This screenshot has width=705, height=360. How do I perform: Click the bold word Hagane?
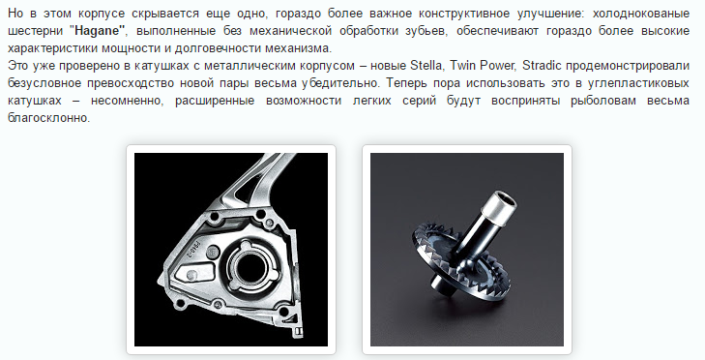(x=99, y=31)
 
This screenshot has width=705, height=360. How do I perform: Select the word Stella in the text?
(x=426, y=66)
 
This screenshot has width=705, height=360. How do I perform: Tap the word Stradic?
(x=542, y=66)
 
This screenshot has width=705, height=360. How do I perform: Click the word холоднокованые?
(x=641, y=14)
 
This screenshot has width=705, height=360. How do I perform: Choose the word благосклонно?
(x=48, y=118)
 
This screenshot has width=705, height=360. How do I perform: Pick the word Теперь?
(x=403, y=83)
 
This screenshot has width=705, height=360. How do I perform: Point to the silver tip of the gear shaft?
(x=499, y=205)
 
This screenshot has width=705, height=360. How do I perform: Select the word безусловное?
(x=44, y=83)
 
